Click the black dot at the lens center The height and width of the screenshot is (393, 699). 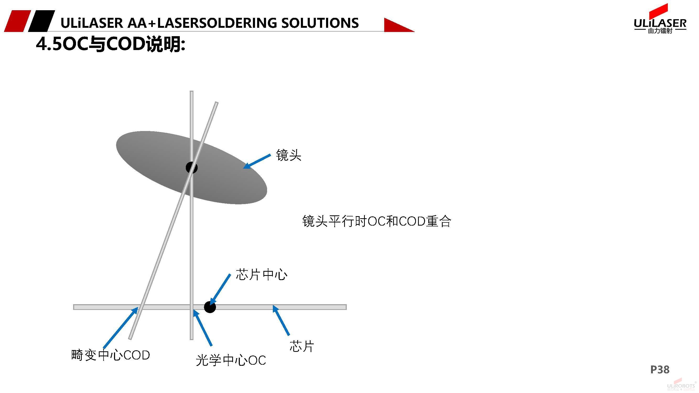(x=192, y=167)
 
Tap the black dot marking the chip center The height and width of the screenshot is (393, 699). (x=210, y=307)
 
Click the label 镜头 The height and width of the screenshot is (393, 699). (x=289, y=155)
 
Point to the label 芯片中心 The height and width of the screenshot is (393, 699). (x=261, y=275)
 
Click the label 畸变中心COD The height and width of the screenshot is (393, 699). (x=110, y=355)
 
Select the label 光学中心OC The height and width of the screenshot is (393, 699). (x=231, y=361)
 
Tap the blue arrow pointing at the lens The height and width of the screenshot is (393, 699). (x=257, y=161)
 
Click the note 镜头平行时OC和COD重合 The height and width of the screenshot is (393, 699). (x=377, y=221)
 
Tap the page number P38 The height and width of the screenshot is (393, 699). (x=660, y=370)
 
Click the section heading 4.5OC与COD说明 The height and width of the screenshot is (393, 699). (x=110, y=44)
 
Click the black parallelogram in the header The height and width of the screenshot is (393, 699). (x=41, y=21)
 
